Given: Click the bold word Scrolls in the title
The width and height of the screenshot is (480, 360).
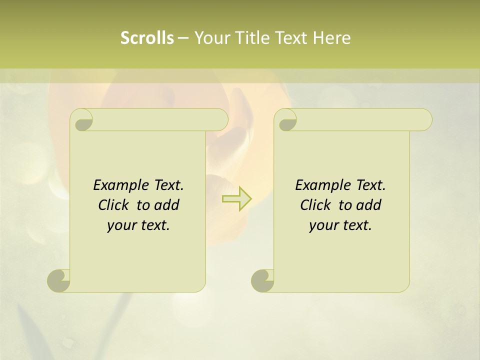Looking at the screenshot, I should pos(147,37).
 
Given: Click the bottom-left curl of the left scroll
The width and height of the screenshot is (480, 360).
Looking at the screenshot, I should pos(59,280).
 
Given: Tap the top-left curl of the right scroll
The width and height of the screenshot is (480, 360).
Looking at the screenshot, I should pos(286,120).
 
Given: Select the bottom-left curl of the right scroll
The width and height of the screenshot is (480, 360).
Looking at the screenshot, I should pos(262,280).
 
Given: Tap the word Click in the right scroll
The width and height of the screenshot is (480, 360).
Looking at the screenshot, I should pos(315,205).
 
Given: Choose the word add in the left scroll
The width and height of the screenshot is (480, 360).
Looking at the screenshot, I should pos(167,205).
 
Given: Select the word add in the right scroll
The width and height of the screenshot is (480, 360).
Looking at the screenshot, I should pos(369,205).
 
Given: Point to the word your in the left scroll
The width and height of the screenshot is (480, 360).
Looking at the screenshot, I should pos(120,225).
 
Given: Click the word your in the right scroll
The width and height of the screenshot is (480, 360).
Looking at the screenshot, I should pos(322,225).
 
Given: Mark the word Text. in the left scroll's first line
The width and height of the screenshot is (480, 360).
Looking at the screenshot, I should pos(168,185).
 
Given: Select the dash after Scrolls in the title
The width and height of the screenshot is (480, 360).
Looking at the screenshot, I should pos(183,37).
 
